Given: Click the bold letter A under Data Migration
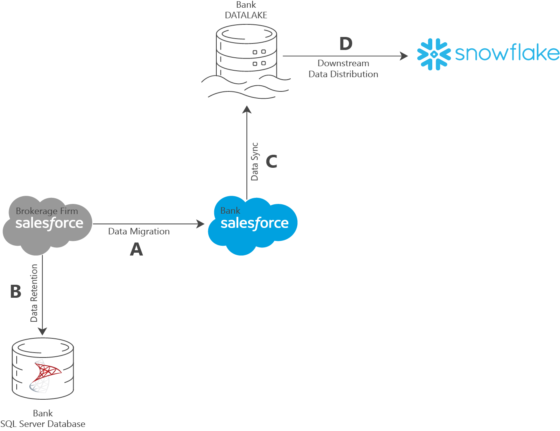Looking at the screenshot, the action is [x=136, y=249].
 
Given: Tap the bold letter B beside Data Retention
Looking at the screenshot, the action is [x=16, y=291].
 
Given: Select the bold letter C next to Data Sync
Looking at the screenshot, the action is [x=271, y=161].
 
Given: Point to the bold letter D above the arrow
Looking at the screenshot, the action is [x=346, y=43].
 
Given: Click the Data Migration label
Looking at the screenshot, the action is [x=139, y=231].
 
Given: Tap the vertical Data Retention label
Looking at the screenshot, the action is [x=34, y=293].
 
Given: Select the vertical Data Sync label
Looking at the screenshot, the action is [x=255, y=162].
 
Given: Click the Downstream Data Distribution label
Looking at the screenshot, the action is [x=343, y=69].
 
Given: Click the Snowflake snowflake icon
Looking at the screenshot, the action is [x=434, y=54].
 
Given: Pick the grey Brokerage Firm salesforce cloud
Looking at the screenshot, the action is [x=48, y=225].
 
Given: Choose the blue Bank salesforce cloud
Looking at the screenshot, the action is [x=253, y=225].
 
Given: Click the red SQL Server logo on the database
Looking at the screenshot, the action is [x=46, y=376].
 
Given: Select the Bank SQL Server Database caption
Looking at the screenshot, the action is [x=43, y=419].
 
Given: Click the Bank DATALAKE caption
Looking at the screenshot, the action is [x=246, y=10].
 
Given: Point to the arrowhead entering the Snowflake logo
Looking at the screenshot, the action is [x=404, y=56].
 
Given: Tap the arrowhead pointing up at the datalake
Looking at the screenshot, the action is [x=247, y=110].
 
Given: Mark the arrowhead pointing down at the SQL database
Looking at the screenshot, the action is [x=42, y=331].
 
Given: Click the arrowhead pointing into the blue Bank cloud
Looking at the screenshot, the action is [x=200, y=224].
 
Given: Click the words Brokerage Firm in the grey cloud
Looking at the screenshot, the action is [x=47, y=211].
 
